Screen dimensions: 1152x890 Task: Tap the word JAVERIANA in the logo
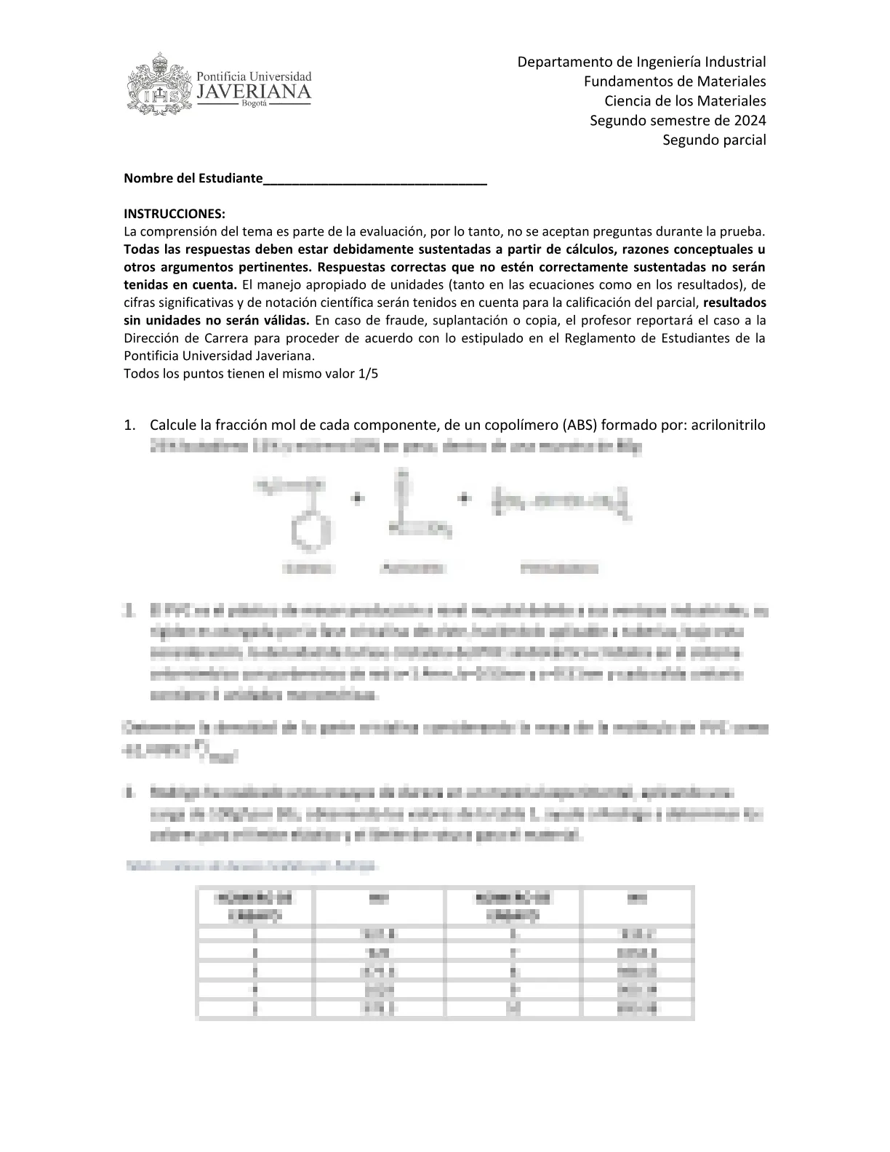coord(254,92)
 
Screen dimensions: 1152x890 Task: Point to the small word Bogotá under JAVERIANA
coord(254,105)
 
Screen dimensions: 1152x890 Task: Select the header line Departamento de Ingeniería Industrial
coord(641,62)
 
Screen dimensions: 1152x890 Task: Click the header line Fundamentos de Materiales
coord(675,81)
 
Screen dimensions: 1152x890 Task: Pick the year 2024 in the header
coord(749,121)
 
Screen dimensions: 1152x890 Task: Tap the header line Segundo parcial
coord(714,140)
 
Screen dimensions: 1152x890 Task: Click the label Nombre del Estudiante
coord(192,178)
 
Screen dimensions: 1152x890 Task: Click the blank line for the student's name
coord(374,180)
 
